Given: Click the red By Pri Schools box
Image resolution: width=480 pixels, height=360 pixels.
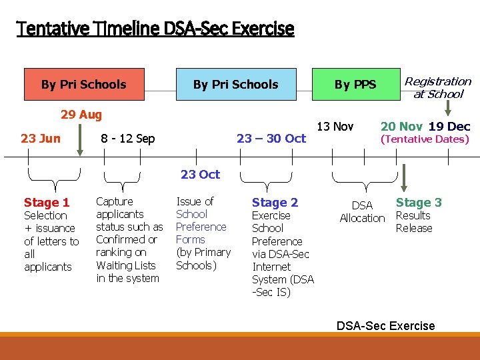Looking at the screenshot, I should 84,84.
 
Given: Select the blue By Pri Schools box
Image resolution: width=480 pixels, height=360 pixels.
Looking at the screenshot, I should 235,84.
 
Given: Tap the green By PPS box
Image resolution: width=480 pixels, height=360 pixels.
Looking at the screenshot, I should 355,85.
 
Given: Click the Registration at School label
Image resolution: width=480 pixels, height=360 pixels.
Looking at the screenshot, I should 438,87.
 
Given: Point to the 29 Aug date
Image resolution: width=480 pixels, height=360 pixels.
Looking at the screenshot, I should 81,115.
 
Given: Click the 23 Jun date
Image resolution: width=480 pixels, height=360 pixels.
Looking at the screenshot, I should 41,138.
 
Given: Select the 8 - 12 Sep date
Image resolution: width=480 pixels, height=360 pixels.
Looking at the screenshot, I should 127,139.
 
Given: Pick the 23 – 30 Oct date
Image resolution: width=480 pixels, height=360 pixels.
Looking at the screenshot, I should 271,138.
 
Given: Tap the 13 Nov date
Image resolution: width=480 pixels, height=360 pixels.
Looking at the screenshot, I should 335,126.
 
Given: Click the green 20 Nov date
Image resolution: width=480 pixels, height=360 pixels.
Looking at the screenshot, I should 401,127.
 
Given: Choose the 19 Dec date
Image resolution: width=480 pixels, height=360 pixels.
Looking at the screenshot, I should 449,127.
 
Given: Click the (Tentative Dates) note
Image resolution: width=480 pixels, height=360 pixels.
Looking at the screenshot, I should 425,139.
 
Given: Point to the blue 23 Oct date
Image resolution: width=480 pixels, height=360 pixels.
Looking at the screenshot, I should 200,175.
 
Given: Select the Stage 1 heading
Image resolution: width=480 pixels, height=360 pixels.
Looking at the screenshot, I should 47,203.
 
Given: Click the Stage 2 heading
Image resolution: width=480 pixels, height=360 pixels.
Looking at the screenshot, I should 275,202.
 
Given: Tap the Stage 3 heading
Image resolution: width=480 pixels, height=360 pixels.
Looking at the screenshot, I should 419,202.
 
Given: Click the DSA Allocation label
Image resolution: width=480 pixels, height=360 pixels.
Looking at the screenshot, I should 362,212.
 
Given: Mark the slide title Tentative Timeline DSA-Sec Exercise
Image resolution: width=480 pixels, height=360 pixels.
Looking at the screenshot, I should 155,29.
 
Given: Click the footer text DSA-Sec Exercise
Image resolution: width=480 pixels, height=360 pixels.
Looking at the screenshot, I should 385,325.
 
